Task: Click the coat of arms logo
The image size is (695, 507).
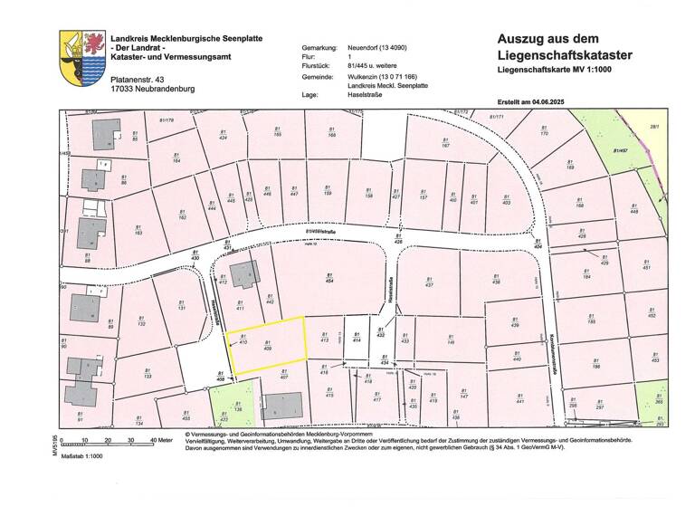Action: click(82, 58)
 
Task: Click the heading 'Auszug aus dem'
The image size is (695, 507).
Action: click(547, 39)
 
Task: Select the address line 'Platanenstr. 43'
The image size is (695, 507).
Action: click(138, 81)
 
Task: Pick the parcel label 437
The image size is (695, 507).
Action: click(429, 282)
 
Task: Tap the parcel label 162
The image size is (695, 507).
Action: click(182, 216)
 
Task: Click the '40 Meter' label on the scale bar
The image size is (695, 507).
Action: click(160, 440)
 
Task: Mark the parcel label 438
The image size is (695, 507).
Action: click(496, 282)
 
